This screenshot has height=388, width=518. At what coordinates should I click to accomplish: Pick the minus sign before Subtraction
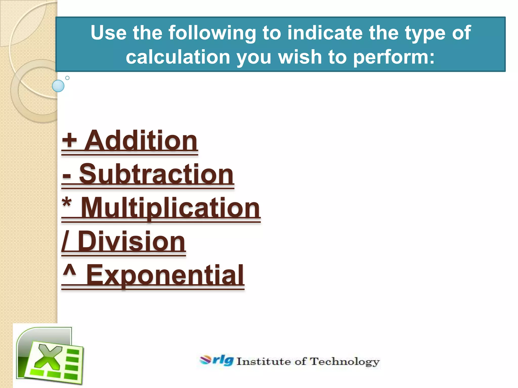click(x=67, y=175)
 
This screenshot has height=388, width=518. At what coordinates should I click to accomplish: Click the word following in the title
click(x=212, y=33)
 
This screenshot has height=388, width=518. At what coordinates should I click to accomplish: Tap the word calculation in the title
click(x=178, y=57)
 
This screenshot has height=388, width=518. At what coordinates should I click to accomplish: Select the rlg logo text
click(x=223, y=360)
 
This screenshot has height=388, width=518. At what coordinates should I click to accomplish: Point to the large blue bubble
click(x=58, y=86)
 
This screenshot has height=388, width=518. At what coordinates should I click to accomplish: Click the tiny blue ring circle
click(x=67, y=78)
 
